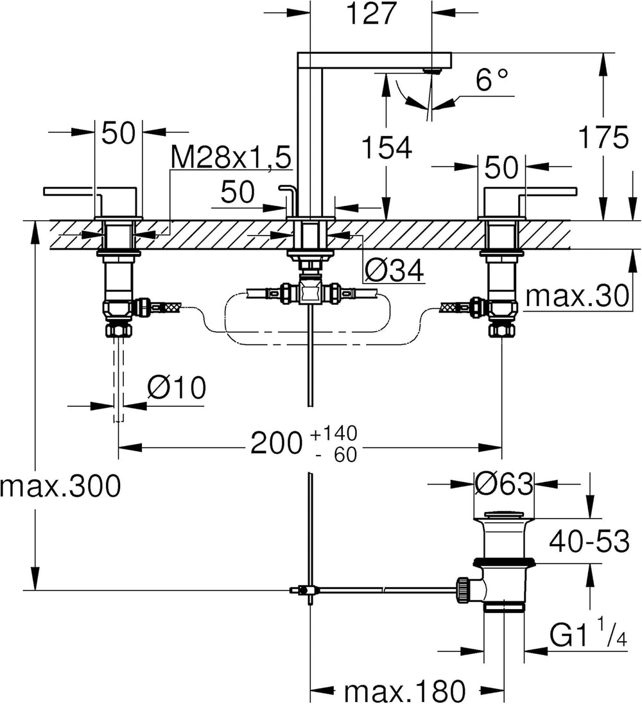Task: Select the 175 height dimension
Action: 603,138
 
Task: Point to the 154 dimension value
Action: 385,149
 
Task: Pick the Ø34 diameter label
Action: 394,271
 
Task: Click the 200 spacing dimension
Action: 276,443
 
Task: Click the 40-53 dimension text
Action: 587,543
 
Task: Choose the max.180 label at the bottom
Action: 404,691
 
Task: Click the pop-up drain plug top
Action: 503,514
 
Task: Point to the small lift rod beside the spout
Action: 288,199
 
